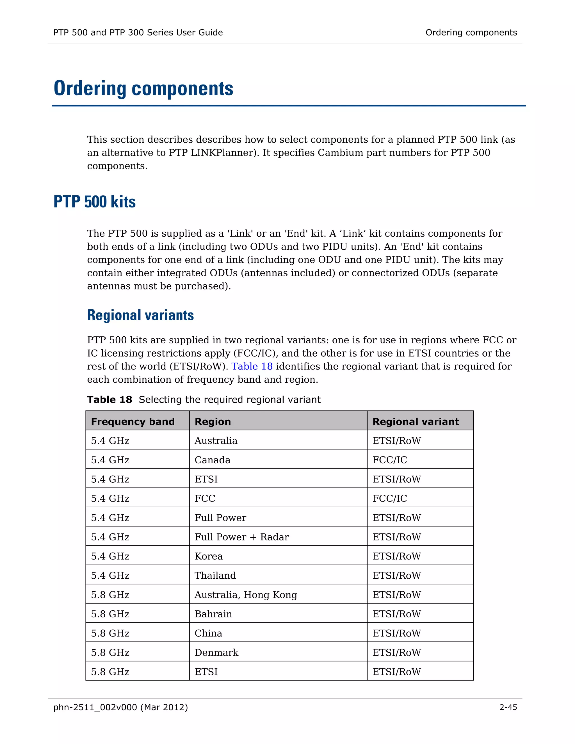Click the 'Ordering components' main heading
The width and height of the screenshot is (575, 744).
[x=143, y=88]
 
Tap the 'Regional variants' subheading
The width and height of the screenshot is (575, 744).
[x=140, y=315]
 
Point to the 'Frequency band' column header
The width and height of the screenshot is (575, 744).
[x=133, y=421]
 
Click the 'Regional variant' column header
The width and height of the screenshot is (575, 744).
[x=415, y=421]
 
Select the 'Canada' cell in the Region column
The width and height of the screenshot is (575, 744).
[x=212, y=460]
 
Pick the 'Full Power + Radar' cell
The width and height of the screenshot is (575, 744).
[x=241, y=537]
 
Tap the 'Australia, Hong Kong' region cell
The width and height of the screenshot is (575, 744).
[x=246, y=595]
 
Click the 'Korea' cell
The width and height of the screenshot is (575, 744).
[x=209, y=556]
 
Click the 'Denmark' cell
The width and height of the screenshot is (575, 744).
[x=216, y=652]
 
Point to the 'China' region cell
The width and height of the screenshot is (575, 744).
[x=208, y=633]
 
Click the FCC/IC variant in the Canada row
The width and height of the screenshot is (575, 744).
[x=389, y=460]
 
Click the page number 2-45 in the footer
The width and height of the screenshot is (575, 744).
[x=508, y=707]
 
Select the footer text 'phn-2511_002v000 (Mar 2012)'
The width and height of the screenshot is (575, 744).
[x=120, y=707]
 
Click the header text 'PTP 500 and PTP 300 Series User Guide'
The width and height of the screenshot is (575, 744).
[x=138, y=32]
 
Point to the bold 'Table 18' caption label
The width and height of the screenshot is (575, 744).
[x=109, y=400]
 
